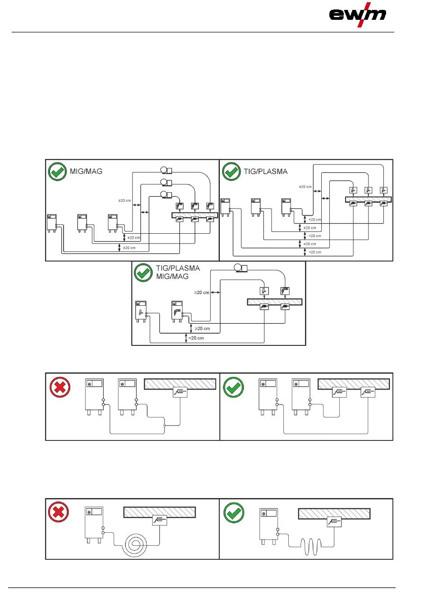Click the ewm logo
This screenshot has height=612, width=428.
coord(357,15)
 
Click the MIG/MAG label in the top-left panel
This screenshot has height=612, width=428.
coord(86,171)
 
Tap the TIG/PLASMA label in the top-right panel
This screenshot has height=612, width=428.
coord(265,172)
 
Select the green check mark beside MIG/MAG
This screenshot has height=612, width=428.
coord(57,172)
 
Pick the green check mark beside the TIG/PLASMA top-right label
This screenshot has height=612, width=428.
coord(232,172)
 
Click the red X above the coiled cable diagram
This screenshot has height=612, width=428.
coord(58,512)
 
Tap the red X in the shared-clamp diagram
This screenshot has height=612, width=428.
coord(59,387)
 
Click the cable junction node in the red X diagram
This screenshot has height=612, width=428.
coord(164,426)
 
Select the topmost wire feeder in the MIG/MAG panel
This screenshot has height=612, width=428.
coord(166,171)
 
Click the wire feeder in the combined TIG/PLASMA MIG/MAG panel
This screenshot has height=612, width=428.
coord(241,268)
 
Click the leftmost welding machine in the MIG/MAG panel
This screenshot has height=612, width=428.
coord(52,223)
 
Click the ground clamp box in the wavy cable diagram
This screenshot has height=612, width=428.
coord(334,522)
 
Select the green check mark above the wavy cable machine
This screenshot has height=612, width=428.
coord(233,512)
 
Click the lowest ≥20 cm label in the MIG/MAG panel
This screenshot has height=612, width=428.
coord(129,248)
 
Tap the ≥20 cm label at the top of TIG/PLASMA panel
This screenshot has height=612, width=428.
coord(305,187)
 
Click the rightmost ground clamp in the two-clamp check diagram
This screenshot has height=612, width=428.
coord(368,392)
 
